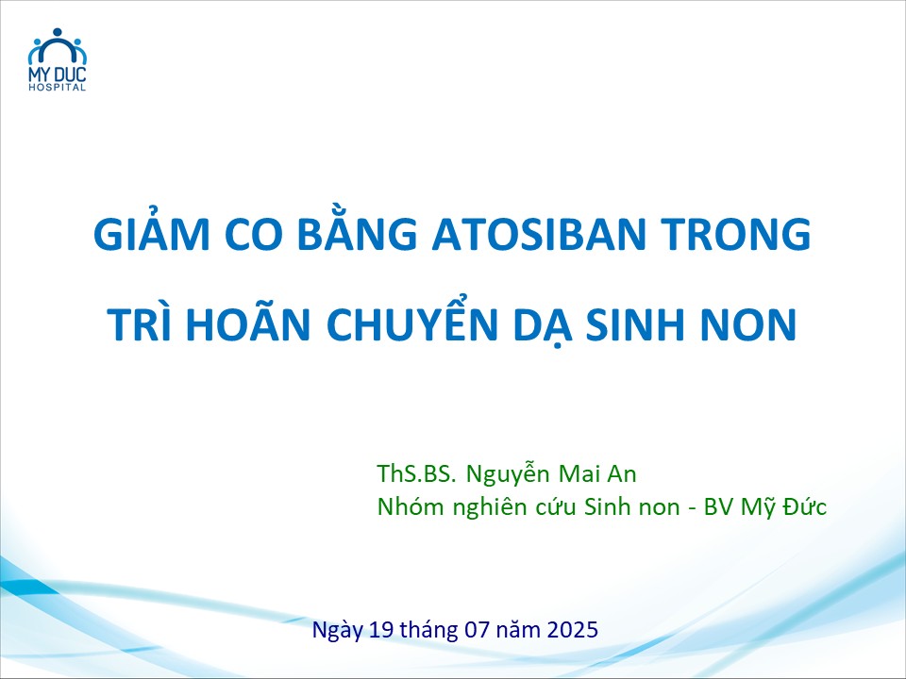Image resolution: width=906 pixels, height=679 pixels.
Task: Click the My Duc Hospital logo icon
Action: [x=58, y=45]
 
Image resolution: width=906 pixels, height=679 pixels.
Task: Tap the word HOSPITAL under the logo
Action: [x=58, y=87]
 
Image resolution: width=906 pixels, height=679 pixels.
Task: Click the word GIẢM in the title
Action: [x=151, y=233]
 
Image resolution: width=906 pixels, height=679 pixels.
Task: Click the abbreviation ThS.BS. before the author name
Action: [x=416, y=474]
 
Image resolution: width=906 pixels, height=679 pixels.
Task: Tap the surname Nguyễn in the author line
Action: [x=508, y=474]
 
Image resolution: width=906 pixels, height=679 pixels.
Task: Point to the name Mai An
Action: [x=597, y=474]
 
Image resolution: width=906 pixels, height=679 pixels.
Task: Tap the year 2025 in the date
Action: [x=572, y=629]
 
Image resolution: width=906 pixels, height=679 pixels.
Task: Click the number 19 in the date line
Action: [x=381, y=629]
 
